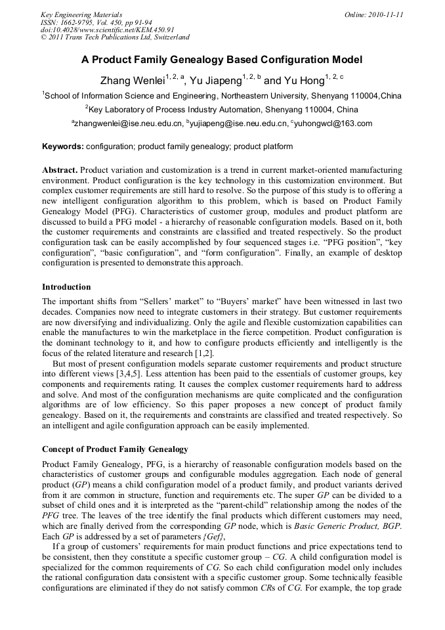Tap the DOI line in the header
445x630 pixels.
pyautogui.click(x=108, y=30)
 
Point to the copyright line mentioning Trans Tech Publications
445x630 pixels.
pyautogui.click(x=115, y=37)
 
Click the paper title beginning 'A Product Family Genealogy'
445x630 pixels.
pyautogui.click(x=222, y=60)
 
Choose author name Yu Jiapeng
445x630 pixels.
pyautogui.click(x=215, y=81)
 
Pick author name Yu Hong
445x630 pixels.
pyautogui.click(x=303, y=81)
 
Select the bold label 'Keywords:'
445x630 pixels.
pyautogui.click(x=62, y=146)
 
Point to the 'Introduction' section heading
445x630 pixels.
pyautogui.click(x=66, y=287)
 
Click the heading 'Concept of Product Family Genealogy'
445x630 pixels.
pyautogui.click(x=115, y=449)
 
